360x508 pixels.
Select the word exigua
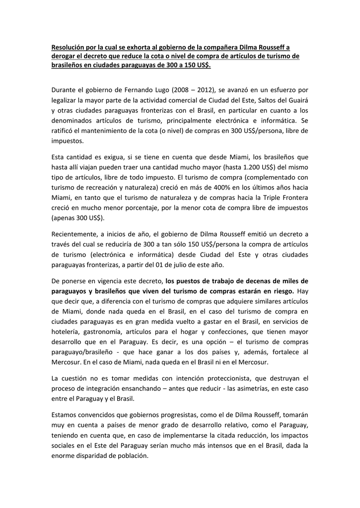click(x=113, y=157)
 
